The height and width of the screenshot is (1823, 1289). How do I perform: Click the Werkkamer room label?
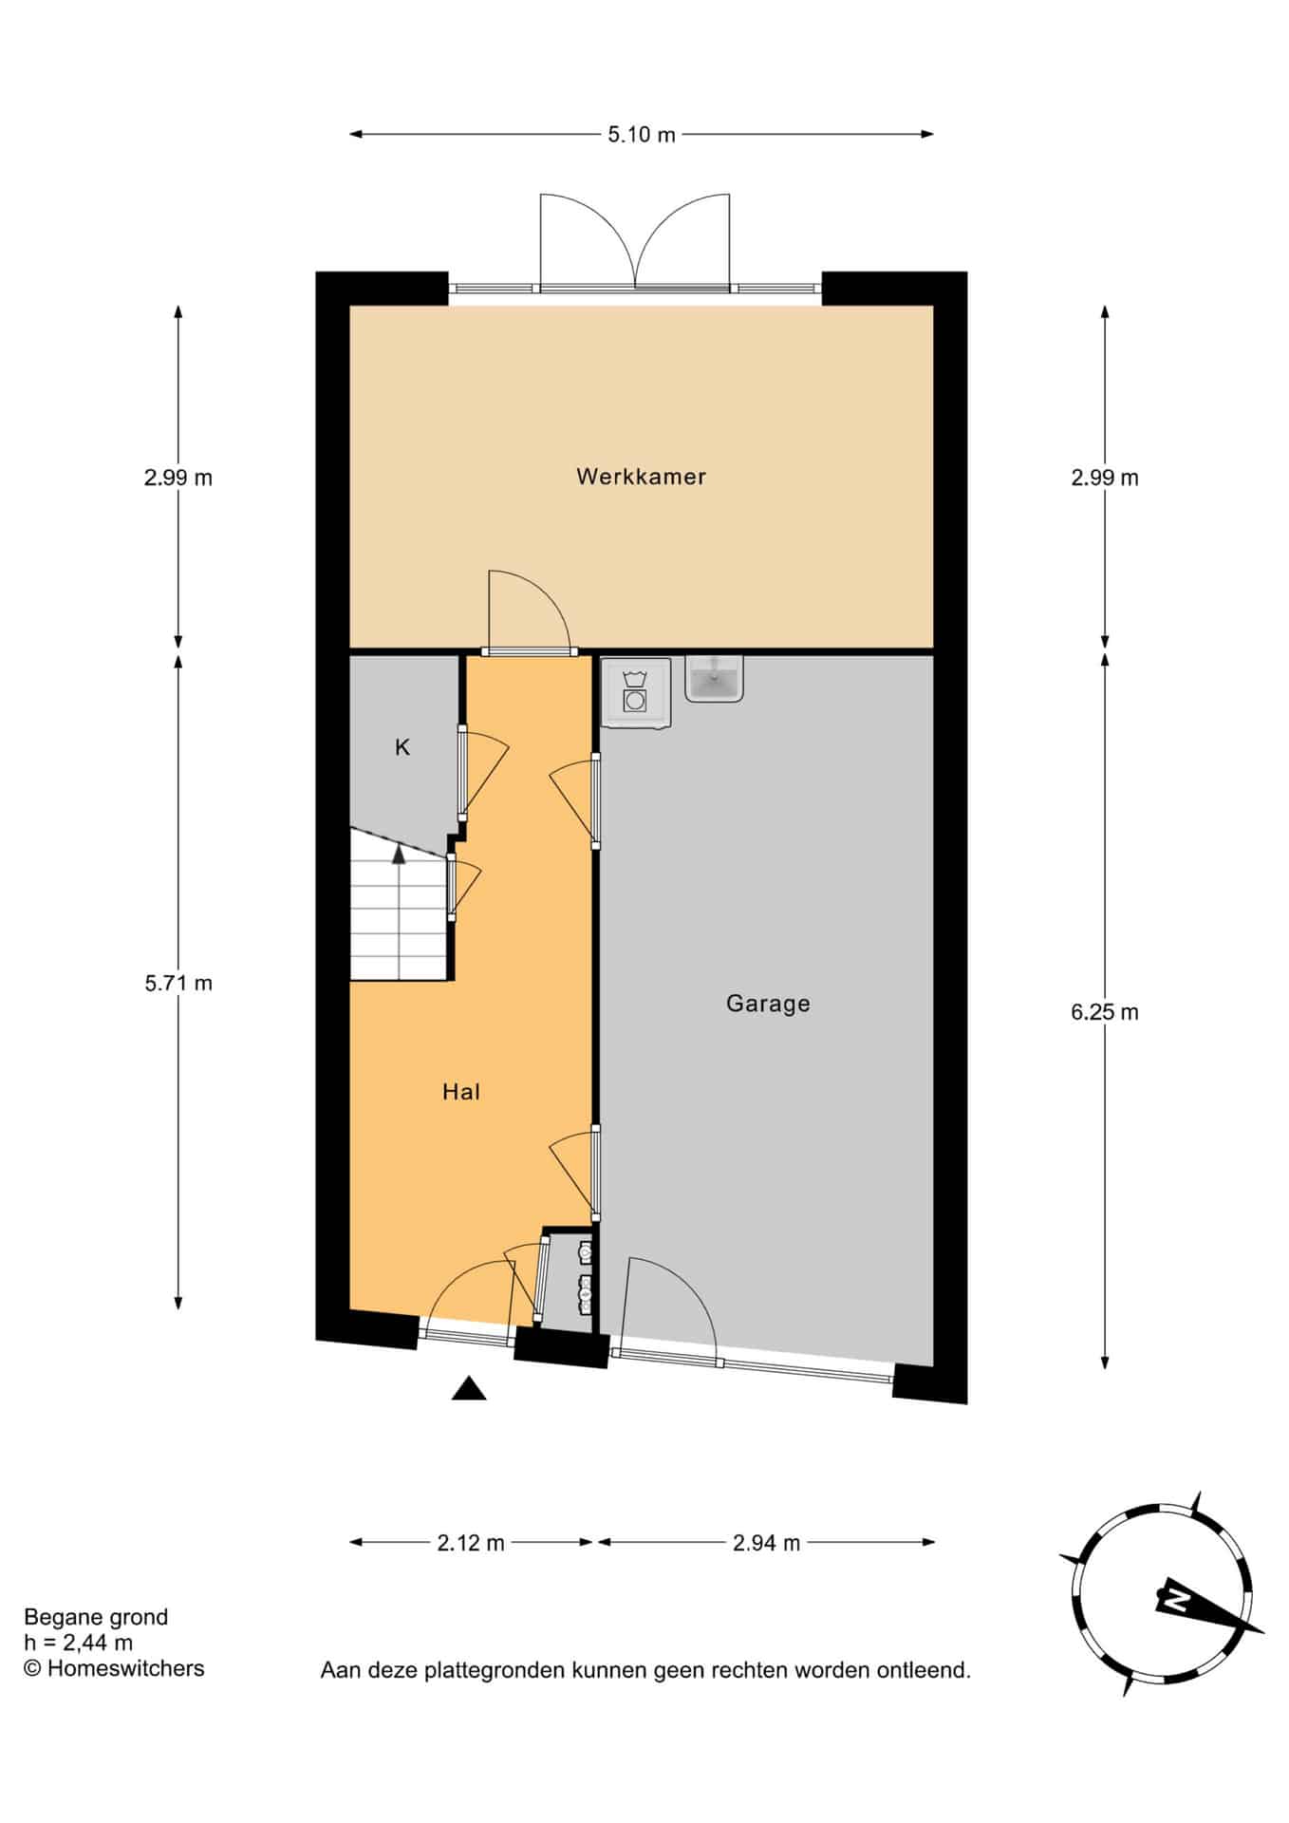[641, 477]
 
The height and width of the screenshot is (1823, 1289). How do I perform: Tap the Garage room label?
[768, 1004]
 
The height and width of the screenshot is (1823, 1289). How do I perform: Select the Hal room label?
[461, 1092]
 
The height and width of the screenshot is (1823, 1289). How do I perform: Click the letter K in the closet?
[402, 747]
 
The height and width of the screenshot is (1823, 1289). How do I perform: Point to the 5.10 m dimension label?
[642, 135]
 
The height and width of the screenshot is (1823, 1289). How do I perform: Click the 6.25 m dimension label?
[1104, 1012]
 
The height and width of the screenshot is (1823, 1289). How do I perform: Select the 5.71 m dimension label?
[178, 984]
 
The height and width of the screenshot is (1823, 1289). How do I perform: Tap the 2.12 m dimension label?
[471, 1543]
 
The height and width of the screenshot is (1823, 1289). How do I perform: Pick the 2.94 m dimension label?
[766, 1543]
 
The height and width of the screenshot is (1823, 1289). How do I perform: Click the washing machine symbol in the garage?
[635, 694]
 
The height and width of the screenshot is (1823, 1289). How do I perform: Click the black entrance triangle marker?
[469, 1388]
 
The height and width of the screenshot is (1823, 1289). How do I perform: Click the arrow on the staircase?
[400, 855]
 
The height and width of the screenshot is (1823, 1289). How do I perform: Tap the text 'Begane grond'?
[96, 1617]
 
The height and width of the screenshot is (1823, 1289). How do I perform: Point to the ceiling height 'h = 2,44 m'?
[79, 1643]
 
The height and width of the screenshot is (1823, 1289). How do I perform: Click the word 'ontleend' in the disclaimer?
[925, 1670]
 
